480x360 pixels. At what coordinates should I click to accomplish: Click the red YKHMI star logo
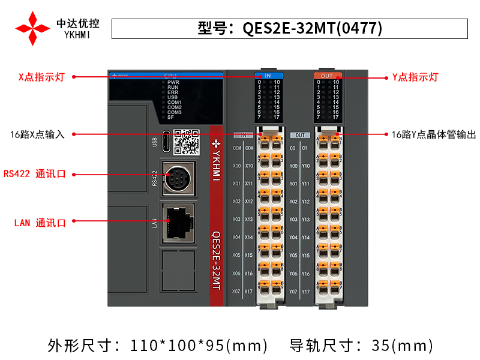(x=32, y=28)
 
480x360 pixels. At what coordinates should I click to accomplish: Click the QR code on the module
(x=186, y=142)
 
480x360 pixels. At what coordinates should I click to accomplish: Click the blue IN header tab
(x=268, y=76)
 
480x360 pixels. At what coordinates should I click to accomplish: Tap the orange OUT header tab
(x=327, y=76)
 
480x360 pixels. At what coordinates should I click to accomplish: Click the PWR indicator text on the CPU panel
(x=173, y=82)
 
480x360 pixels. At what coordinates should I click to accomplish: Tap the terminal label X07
(x=236, y=292)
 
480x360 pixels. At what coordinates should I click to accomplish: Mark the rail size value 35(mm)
(x=402, y=346)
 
